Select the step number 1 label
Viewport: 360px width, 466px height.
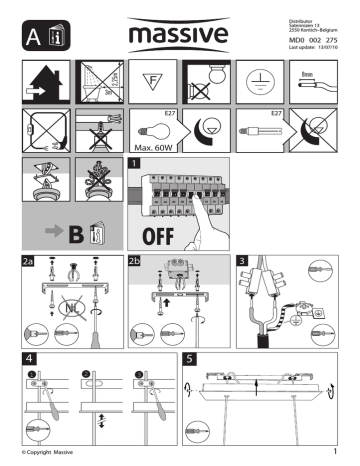point(134,162)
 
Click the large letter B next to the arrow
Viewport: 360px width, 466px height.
point(73,236)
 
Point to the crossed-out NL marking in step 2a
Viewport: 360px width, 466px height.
point(68,308)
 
